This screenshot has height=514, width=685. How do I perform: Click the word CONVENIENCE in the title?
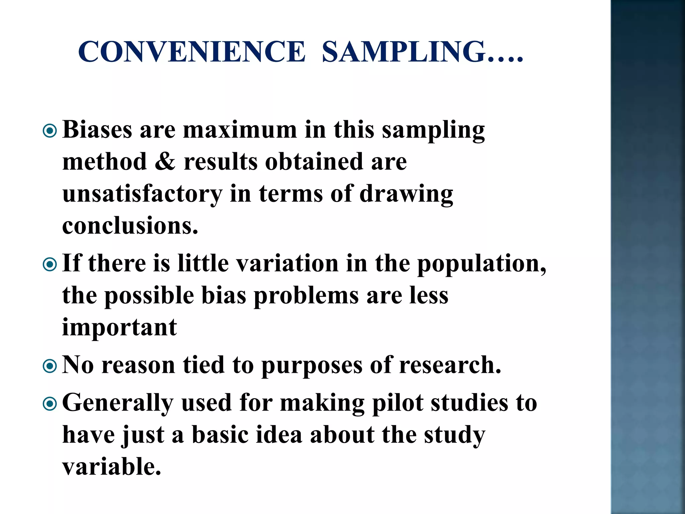191,52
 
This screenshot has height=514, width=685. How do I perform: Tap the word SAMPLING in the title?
404,52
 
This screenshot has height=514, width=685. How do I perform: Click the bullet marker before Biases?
50,131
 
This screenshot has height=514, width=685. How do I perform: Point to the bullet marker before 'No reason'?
50,366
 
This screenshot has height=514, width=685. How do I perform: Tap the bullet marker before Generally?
50,404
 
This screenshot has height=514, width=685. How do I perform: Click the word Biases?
97,130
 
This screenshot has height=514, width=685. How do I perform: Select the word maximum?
240,130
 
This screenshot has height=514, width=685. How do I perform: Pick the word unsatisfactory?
142,194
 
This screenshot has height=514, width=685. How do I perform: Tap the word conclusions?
130,226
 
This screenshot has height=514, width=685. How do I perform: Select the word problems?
306,296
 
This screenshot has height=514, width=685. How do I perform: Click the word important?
119,328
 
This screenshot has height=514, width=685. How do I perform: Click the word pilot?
398,403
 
